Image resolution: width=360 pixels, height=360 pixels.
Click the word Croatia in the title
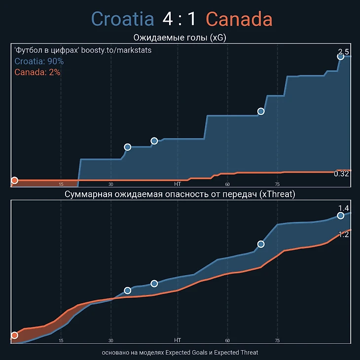click(x=123, y=19)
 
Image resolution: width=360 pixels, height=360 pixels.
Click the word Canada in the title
click(x=239, y=19)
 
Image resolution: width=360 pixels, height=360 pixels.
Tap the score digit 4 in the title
click(x=168, y=19)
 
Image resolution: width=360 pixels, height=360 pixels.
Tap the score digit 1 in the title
click(x=191, y=19)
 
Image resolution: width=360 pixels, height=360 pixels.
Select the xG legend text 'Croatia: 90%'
click(x=39, y=62)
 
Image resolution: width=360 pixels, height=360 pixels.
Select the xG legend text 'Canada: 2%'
click(x=37, y=72)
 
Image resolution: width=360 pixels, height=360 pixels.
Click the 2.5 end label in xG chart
click(x=344, y=52)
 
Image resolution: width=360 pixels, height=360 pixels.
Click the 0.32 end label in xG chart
click(x=341, y=174)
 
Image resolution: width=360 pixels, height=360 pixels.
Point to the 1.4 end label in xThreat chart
click(x=344, y=208)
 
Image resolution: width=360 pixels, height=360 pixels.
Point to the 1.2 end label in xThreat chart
click(x=344, y=235)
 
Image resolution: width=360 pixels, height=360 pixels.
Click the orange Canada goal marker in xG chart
click(x=14, y=180)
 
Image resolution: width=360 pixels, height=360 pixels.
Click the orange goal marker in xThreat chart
click(x=14, y=335)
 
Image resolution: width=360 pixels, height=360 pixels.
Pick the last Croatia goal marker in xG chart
click(x=340, y=57)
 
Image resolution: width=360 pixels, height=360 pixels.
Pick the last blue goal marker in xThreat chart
click(x=340, y=216)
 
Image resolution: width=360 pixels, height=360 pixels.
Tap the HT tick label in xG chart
click(x=178, y=184)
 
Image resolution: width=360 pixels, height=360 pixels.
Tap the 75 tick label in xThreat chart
click(x=277, y=340)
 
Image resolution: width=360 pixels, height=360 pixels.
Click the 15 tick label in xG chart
click(x=61, y=184)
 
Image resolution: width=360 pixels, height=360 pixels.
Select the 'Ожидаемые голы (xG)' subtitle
click(x=180, y=37)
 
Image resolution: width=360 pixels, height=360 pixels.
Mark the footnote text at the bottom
click(x=180, y=353)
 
